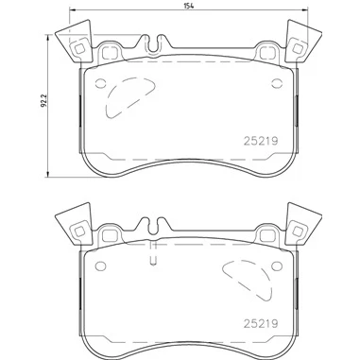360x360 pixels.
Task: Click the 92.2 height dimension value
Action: (x=44, y=100)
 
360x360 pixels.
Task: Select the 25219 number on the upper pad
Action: (x=261, y=141)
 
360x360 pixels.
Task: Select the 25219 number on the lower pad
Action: (x=261, y=323)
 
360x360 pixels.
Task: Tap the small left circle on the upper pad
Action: (x=101, y=83)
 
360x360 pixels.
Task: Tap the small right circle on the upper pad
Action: (x=277, y=83)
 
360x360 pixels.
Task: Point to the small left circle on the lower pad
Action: (x=101, y=266)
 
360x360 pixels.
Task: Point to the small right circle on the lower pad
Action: (x=277, y=266)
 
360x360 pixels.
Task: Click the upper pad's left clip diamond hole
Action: (x=79, y=49)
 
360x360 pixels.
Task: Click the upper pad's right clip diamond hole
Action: (x=297, y=48)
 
